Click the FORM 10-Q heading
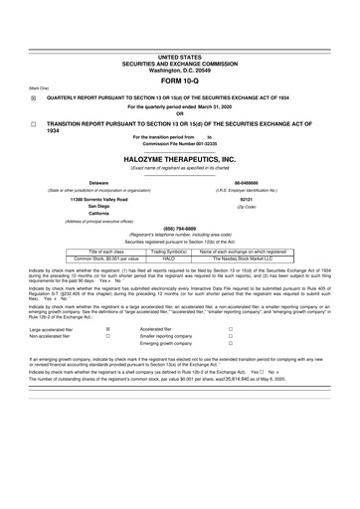[180, 81]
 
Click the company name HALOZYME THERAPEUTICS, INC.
[180, 158]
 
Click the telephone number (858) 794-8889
[180, 226]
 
